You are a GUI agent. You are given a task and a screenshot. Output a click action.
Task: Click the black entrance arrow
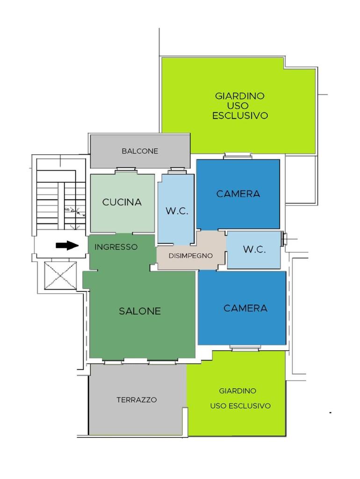pos(67,245)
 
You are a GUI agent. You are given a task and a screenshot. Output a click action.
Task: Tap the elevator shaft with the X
pos(60,275)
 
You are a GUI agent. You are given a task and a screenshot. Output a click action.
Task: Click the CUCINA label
pos(122,202)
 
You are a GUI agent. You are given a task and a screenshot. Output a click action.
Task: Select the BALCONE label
pos(140,151)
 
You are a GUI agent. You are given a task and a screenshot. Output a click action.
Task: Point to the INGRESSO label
pos(116,247)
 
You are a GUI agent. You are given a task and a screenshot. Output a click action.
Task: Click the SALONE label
pos(140,311)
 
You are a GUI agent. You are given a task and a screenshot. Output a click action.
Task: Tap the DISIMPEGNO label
pos(191,256)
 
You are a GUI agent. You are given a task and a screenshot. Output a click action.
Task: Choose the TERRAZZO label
pos(137,399)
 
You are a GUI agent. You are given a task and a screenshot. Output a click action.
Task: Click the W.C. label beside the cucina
pos(177,211)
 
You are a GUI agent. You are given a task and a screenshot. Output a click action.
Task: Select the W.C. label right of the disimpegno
pos(254,249)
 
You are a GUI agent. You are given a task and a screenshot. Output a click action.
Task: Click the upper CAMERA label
pos(238,194)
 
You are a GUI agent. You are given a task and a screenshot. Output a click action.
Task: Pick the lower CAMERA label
pos(245,308)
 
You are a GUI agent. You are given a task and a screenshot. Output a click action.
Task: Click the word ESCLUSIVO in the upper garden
pos(240,116)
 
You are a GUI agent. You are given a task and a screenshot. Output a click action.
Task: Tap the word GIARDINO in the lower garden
pos(238,391)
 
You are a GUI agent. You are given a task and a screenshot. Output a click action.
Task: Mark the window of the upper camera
pos(238,156)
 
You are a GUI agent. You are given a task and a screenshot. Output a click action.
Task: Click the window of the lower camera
pos(245,348)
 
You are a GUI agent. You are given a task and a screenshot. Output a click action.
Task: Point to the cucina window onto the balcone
pos(125,170)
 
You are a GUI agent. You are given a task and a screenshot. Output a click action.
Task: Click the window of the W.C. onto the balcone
pos(177,170)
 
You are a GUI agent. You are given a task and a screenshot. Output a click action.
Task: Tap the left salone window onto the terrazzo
pos(113,362)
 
